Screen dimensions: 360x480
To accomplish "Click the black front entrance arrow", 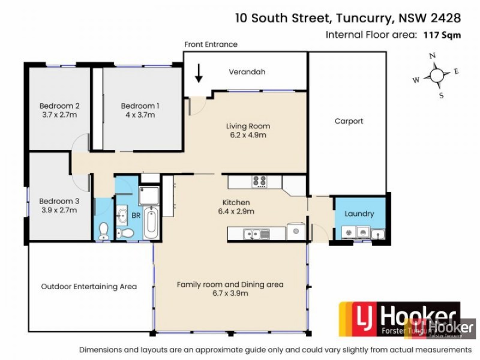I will coord(199,73).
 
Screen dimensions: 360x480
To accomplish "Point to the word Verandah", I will coord(247,72).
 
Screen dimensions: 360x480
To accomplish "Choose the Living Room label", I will coord(248,126).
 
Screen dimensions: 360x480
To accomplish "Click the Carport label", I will coord(349,121).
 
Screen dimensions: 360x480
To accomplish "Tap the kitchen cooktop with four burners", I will coord(259,181).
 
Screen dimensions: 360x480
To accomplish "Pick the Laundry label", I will coord(359,214).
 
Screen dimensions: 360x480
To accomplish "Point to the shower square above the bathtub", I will coord(148,194).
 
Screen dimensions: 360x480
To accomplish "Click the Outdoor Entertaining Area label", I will coord(89,287).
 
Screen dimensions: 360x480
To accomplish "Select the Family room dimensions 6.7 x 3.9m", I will coord(230,293).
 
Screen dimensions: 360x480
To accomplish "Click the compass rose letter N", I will coord(431,56).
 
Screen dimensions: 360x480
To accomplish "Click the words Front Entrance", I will coord(211,44).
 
